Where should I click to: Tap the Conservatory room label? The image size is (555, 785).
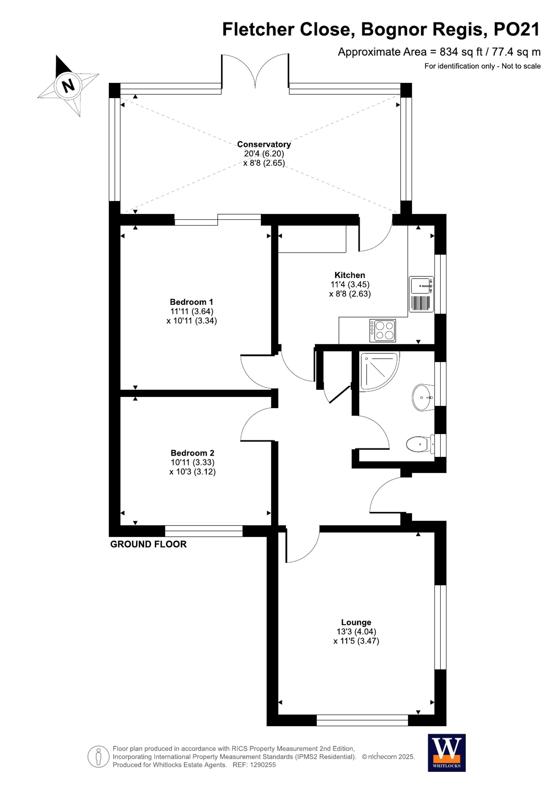pyautogui.click(x=264, y=144)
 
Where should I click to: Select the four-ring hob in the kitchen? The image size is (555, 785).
pyautogui.click(x=382, y=331)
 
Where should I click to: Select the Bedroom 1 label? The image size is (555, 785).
pyautogui.click(x=191, y=302)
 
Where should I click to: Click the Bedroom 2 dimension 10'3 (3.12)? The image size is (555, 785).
pyautogui.click(x=192, y=472)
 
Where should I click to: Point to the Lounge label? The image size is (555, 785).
pyautogui.click(x=356, y=622)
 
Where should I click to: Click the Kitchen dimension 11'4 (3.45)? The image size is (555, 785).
pyautogui.click(x=350, y=285)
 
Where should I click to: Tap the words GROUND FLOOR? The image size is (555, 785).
pyautogui.click(x=148, y=544)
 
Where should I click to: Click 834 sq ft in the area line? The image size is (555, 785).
pyautogui.click(x=461, y=52)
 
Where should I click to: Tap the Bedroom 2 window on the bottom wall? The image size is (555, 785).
pyautogui.click(x=204, y=531)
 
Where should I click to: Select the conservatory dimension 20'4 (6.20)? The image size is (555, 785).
pyautogui.click(x=264, y=154)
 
